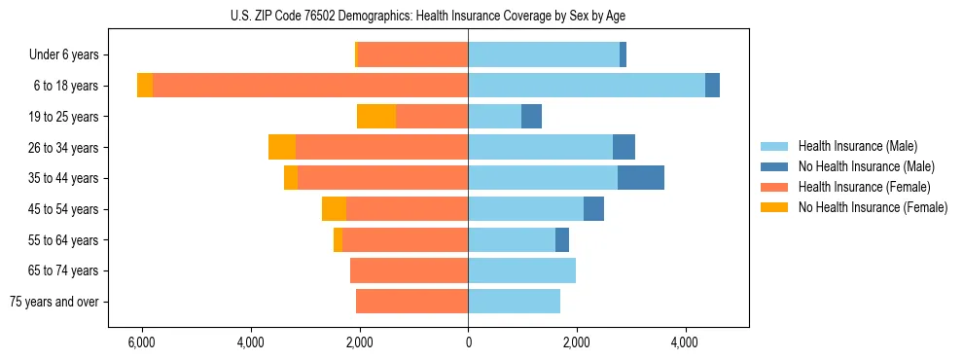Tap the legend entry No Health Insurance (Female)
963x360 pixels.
tap(873, 207)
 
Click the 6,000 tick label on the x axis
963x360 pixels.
tap(142, 342)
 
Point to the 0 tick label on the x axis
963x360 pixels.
tap(468, 342)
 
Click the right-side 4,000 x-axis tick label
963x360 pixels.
tap(685, 342)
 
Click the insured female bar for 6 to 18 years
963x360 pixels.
tap(310, 86)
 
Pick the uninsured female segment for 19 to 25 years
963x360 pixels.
tap(376, 117)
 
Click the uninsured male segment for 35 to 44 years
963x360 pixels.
tap(641, 178)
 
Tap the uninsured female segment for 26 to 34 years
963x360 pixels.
tap(282, 147)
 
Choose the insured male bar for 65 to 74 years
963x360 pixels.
tap(521, 270)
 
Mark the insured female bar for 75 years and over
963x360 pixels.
tap(411, 302)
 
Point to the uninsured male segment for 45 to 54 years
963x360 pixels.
tap(593, 209)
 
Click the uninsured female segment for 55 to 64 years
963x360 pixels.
tap(338, 239)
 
